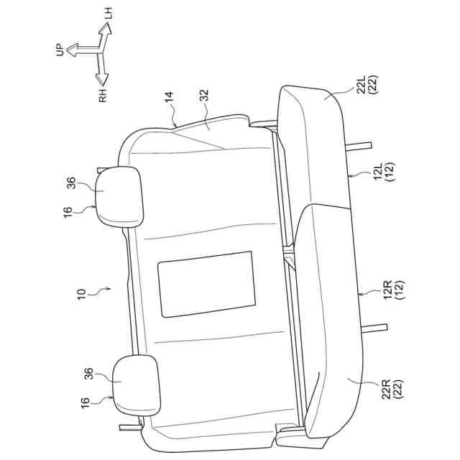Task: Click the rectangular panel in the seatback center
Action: tap(206, 284)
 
